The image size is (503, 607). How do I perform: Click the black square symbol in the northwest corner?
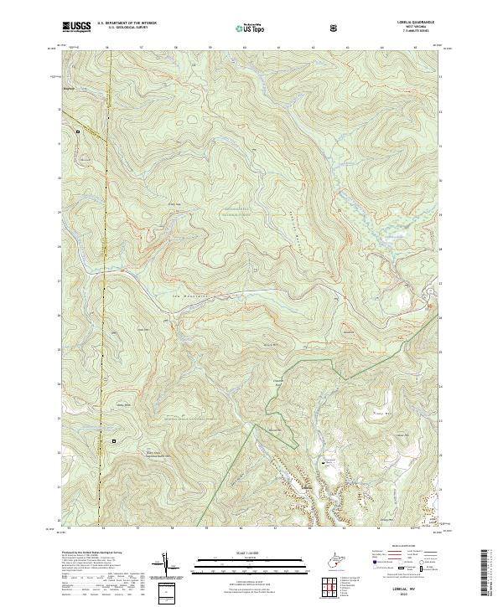click(78, 131)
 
